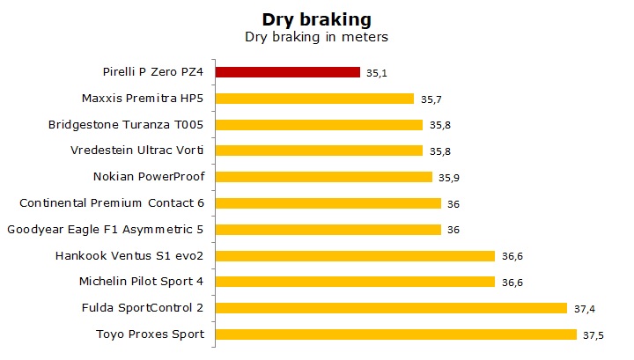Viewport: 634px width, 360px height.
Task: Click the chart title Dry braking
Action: pos(316,19)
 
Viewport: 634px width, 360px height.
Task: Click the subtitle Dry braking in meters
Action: pos(316,38)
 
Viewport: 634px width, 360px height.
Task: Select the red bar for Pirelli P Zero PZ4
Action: pos(288,72)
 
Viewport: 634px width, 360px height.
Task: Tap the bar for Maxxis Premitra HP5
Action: pos(314,99)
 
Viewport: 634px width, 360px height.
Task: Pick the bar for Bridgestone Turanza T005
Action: pos(319,125)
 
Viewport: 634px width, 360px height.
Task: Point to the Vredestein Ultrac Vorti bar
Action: pos(319,151)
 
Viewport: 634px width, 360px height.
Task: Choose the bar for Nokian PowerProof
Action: pos(323,177)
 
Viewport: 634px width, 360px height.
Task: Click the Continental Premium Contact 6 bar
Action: pos(328,203)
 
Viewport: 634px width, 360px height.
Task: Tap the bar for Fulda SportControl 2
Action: pos(391,308)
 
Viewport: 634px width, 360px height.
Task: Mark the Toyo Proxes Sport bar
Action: pos(395,334)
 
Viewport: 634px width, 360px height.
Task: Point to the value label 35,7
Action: pos(429,99)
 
